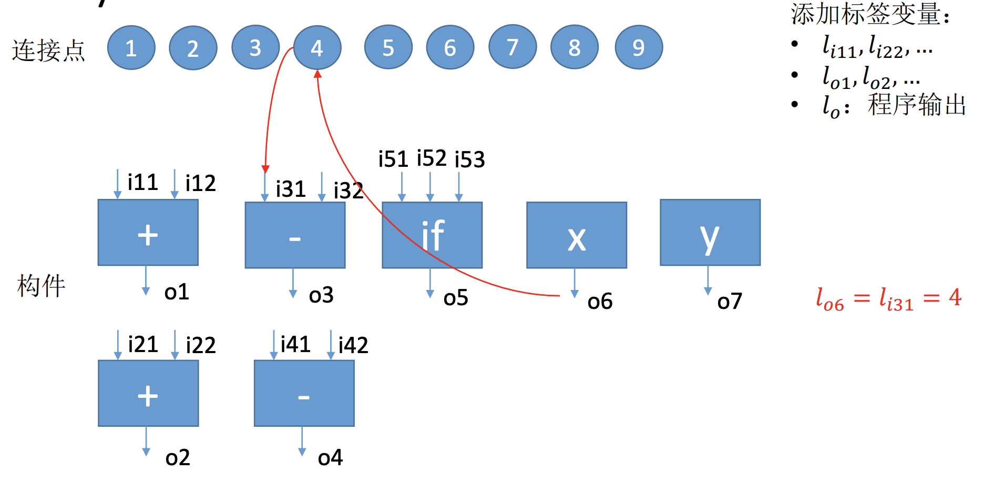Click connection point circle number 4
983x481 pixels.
coord(317,48)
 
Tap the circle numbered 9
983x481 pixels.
coord(639,47)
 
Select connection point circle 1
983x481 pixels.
coord(131,48)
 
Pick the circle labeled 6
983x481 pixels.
coord(450,47)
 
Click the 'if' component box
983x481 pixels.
coord(432,235)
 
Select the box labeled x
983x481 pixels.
coord(577,235)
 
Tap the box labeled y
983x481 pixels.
coord(710,232)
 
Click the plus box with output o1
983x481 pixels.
coord(148,233)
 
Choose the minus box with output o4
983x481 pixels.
coord(304,393)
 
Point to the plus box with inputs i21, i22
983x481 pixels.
coord(148,393)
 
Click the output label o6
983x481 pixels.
coord(600,302)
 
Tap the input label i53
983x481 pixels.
coord(469,159)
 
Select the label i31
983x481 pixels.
coord(291,189)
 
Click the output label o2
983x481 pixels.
coord(177,458)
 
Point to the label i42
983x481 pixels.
coord(353,345)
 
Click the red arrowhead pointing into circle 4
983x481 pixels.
coord(318,74)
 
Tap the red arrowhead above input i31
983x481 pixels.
coord(265,169)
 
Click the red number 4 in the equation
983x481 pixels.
coord(955,297)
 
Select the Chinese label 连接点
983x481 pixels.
coord(48,51)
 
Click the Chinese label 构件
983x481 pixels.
coord(41,286)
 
